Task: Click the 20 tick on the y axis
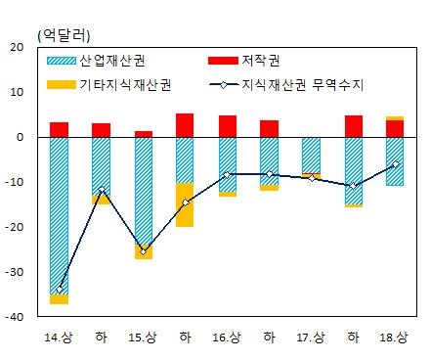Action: coord(18,47)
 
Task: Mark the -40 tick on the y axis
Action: coord(16,317)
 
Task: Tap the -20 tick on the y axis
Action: coord(16,227)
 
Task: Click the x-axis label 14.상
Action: coord(59,337)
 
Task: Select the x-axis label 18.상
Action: coord(395,337)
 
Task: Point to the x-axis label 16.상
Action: coord(227,337)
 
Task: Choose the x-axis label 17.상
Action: coord(311,337)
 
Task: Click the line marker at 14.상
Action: coord(60,290)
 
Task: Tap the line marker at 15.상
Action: coord(144,251)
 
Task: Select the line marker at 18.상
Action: coord(395,164)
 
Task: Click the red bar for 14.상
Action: coord(60,129)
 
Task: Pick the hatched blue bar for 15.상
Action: coord(144,191)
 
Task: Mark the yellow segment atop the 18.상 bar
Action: coord(395,118)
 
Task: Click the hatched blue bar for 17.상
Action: coord(311,155)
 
